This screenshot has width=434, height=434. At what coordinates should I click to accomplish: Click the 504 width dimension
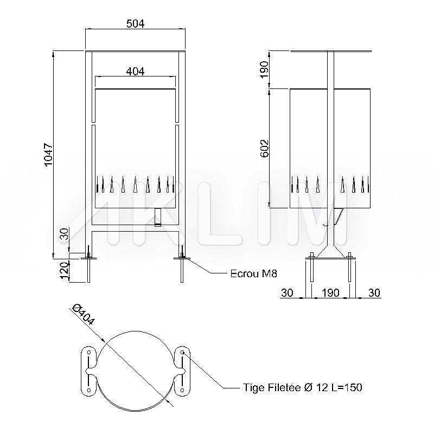pos(135,24)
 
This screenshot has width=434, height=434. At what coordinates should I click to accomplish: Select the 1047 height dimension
pos(48,155)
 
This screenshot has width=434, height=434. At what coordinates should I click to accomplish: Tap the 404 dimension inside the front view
pos(135,72)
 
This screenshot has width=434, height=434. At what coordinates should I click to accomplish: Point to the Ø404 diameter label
pos(84,314)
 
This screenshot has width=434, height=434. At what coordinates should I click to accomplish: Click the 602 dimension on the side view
pos(265,148)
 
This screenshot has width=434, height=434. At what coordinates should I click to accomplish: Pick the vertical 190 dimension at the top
pos(265,69)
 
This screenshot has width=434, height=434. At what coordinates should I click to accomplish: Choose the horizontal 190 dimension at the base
pos(330,292)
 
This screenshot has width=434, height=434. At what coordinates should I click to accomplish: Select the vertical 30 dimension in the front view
pos(64,234)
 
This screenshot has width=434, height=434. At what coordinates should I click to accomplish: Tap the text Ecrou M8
pos(253,274)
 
